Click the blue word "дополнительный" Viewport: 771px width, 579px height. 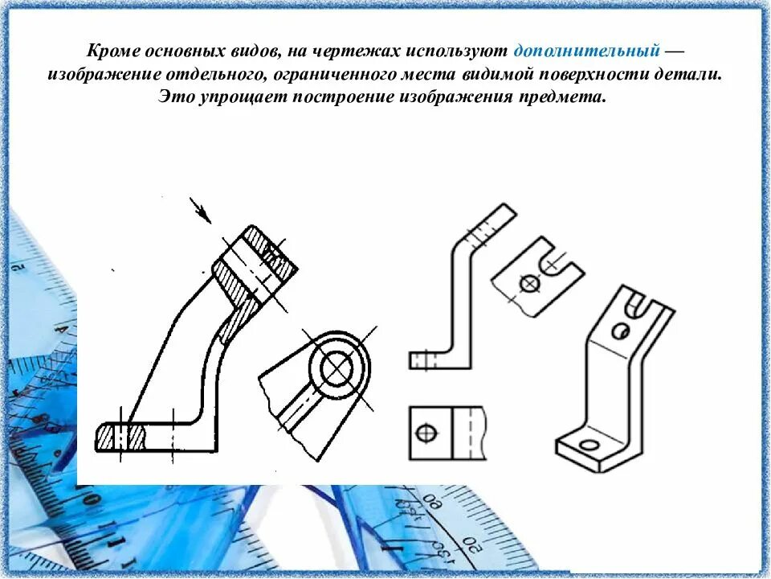[587, 50]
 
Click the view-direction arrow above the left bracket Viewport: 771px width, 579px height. [200, 210]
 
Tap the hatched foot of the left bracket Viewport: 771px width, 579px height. [120, 437]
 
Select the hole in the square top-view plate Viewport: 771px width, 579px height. [426, 433]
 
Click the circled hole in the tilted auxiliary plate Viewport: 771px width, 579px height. [528, 283]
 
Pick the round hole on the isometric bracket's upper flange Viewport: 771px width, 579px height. [621, 331]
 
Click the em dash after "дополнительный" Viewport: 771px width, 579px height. [675, 50]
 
